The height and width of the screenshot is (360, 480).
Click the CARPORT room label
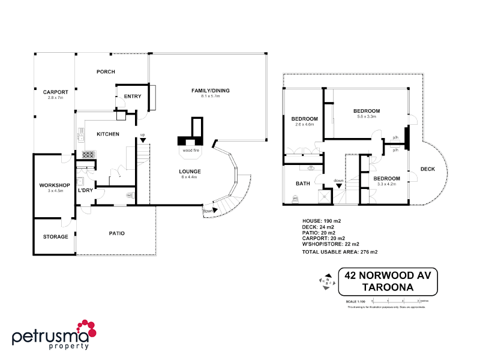click(x=55, y=92)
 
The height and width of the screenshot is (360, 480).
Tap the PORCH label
click(x=106, y=71)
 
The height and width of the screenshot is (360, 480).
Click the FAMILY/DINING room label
click(x=211, y=91)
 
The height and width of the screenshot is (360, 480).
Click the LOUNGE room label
click(x=190, y=172)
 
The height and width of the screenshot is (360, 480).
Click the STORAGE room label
click(x=55, y=236)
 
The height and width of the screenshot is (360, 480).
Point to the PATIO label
click(x=116, y=233)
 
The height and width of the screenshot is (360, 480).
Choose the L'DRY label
click(x=85, y=190)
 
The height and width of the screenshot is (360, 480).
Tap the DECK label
click(x=428, y=169)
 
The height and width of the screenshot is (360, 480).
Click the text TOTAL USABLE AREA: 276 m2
click(x=339, y=252)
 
